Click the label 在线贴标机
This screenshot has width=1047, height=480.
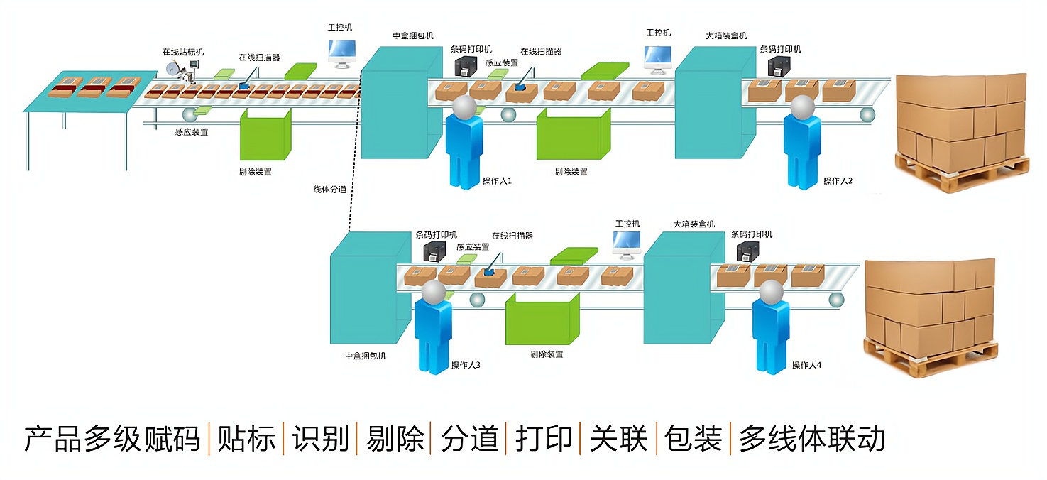[x=182, y=52]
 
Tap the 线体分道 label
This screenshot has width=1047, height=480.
[x=330, y=190]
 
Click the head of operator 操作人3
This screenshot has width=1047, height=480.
[x=433, y=292]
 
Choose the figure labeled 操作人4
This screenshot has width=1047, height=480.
[x=771, y=327]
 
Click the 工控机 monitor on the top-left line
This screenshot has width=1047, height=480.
[x=342, y=53]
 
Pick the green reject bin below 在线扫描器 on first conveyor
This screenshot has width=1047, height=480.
[x=265, y=135]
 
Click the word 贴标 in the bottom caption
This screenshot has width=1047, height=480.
[x=246, y=439]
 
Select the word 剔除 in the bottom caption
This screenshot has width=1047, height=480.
[x=395, y=439]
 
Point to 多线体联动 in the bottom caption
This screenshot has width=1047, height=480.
[x=812, y=439]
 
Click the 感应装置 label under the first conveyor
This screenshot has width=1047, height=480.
[x=192, y=132]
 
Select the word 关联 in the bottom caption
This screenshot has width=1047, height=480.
[x=618, y=439]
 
